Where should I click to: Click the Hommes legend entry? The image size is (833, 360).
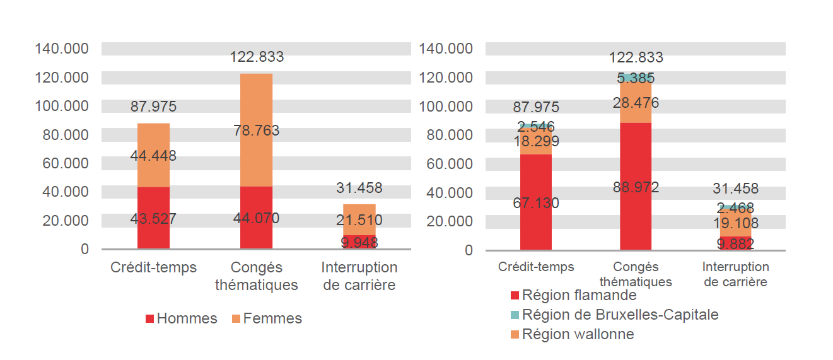click(181, 319)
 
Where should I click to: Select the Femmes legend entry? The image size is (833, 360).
click(267, 319)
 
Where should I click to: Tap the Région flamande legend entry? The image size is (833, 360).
click(573, 295)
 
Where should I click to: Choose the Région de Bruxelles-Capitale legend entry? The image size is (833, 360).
click(614, 315)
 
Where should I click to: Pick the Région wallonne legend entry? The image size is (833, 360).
click(572, 334)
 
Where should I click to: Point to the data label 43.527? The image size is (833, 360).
click(153, 219)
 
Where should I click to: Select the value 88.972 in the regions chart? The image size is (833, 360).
click(636, 187)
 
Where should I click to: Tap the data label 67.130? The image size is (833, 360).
click(535, 203)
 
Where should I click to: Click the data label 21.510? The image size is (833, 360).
click(359, 220)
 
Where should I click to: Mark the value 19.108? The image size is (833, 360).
click(735, 223)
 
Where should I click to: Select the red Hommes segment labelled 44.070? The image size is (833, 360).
click(256, 233)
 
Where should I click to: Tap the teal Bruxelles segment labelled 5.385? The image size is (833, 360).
click(636, 78)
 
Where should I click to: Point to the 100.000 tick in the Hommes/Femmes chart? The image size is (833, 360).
click(62, 106)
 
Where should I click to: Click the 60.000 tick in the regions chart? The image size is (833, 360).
click(450, 164)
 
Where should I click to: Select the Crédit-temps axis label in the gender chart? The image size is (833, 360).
click(153, 267)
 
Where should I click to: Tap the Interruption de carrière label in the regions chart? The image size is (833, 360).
click(735, 274)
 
